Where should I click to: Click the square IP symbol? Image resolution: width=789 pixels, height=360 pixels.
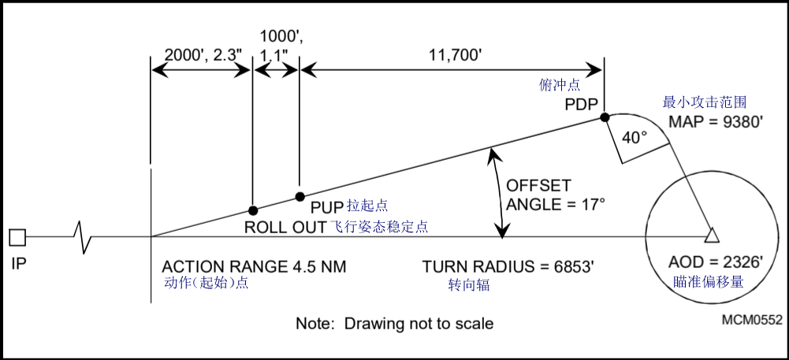click(x=17, y=237)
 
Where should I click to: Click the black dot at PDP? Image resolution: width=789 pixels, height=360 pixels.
click(x=605, y=117)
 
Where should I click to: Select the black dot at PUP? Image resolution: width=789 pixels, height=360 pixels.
click(x=300, y=196)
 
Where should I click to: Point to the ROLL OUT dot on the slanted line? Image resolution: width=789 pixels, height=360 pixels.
click(x=253, y=210)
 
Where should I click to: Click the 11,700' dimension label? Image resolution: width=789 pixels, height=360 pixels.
click(x=455, y=55)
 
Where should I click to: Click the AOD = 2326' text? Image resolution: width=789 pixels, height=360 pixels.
click(x=716, y=262)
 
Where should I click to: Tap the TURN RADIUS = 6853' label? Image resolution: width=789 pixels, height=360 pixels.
click(x=508, y=267)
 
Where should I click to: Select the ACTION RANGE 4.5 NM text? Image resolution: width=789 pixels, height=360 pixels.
click(x=254, y=266)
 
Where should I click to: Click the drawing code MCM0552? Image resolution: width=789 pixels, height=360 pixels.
click(x=752, y=320)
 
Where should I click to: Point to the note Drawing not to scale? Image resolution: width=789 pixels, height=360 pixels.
click(x=394, y=323)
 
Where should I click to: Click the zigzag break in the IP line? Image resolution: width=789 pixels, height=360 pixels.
click(x=82, y=237)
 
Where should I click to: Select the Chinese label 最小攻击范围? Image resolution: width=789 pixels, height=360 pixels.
click(x=705, y=102)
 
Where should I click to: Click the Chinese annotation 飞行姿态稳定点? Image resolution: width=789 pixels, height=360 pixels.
click(x=380, y=227)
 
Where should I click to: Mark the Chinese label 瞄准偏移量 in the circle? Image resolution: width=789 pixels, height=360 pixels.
click(x=709, y=282)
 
